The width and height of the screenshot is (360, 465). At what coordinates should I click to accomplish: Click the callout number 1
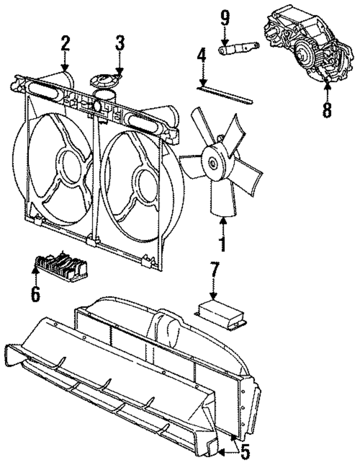(x=222, y=245)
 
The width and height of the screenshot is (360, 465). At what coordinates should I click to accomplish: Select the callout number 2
(x=65, y=43)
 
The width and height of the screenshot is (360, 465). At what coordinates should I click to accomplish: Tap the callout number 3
(x=119, y=43)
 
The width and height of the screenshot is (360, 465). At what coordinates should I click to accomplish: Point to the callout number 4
(x=202, y=59)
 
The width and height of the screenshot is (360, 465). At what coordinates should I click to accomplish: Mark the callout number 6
(x=35, y=293)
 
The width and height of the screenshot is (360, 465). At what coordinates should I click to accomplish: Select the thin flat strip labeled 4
(x=225, y=94)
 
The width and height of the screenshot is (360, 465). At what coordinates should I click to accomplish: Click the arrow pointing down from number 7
(x=213, y=293)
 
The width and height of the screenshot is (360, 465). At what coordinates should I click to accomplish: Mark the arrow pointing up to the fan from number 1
(x=222, y=225)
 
